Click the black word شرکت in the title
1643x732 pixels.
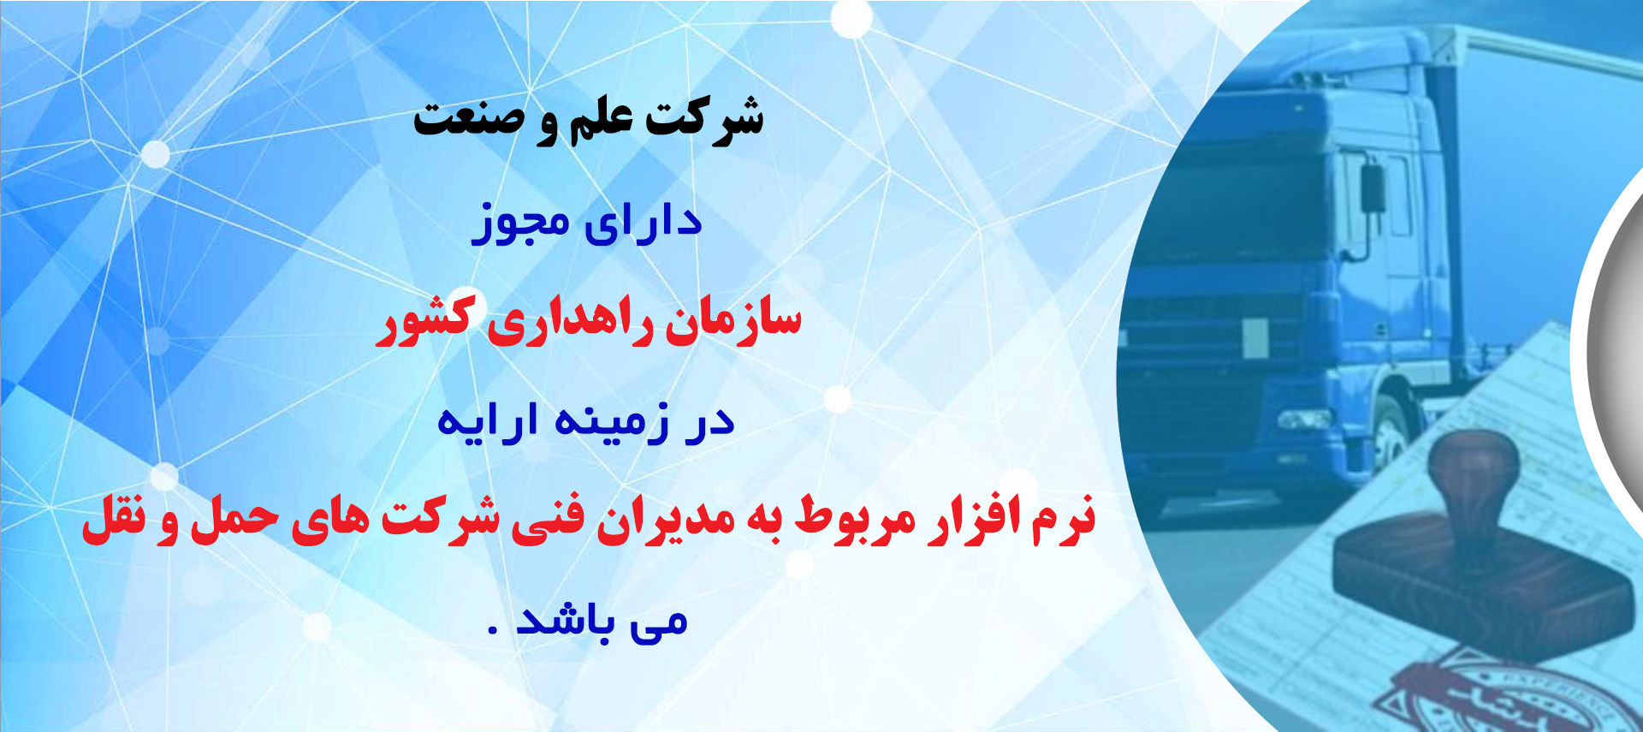(x=704, y=118)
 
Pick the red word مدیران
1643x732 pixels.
(x=664, y=520)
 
